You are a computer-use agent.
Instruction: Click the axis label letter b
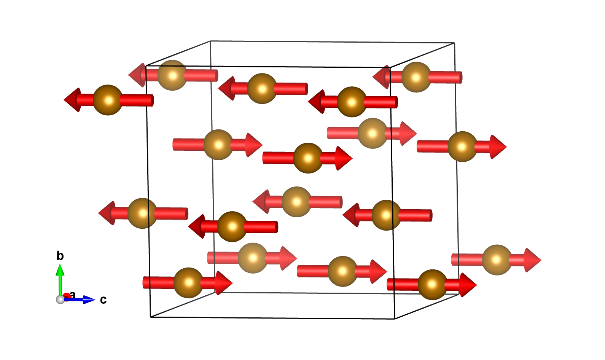point(60,256)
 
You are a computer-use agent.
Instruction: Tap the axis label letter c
point(103,300)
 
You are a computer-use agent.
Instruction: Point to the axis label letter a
point(73,295)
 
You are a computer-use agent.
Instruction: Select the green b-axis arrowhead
point(60,270)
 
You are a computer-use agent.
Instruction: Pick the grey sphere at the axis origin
point(60,299)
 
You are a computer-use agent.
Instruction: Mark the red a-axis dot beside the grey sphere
point(67,296)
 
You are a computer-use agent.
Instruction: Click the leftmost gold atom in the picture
point(108,100)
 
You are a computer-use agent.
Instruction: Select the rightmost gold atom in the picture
point(497,260)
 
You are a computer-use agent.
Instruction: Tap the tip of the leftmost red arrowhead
point(64,100)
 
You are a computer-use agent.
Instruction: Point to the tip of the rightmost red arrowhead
point(541,260)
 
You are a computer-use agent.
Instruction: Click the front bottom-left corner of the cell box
point(151,317)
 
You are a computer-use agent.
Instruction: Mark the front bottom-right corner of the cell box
point(395,319)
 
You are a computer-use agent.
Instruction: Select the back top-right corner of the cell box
point(454,43)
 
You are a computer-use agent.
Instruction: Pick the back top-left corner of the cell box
point(210,41)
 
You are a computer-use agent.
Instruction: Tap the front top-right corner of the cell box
point(390,68)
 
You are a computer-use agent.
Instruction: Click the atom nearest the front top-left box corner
point(172,75)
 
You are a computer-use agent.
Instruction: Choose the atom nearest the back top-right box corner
point(416,77)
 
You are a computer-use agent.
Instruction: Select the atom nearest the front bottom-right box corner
point(432,285)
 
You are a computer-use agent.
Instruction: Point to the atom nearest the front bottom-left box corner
point(188,283)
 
